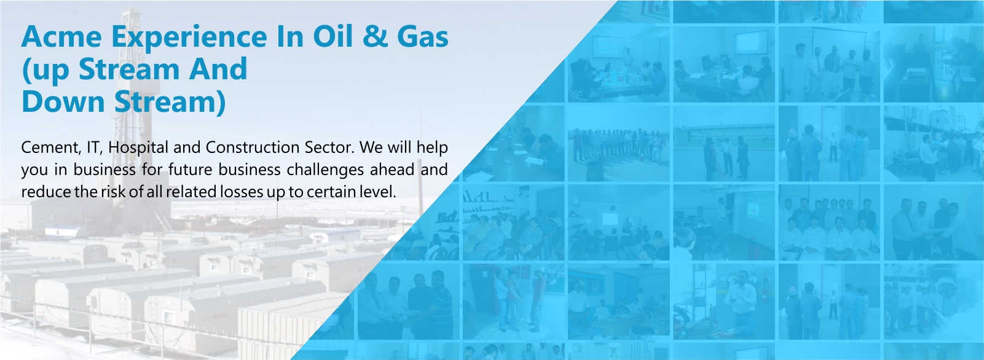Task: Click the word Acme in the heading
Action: point(61,36)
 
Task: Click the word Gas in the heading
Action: point(423,36)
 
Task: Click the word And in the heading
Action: point(218,69)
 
